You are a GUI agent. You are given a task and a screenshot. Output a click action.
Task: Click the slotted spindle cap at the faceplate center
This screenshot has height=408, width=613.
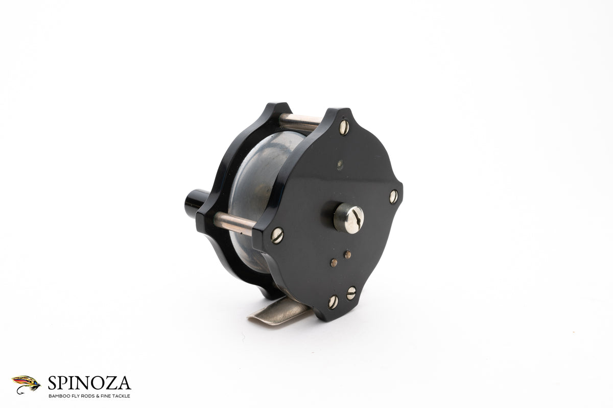[348, 218]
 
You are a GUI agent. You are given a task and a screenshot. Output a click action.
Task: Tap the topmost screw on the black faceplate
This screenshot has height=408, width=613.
[344, 127]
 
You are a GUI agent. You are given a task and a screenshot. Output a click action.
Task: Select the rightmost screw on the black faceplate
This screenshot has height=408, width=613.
[393, 197]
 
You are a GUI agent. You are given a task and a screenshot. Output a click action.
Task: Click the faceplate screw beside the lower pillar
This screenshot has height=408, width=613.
[277, 236]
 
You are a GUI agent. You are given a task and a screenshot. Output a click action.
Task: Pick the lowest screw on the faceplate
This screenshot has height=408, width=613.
[333, 302]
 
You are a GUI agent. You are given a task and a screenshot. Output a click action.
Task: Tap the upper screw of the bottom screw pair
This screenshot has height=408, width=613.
[351, 293]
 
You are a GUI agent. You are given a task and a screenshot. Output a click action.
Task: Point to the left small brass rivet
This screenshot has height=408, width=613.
[334, 263]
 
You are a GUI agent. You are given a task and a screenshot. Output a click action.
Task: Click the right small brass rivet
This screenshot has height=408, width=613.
[347, 255]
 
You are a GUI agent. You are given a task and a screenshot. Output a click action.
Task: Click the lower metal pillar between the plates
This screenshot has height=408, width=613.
[234, 223]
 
